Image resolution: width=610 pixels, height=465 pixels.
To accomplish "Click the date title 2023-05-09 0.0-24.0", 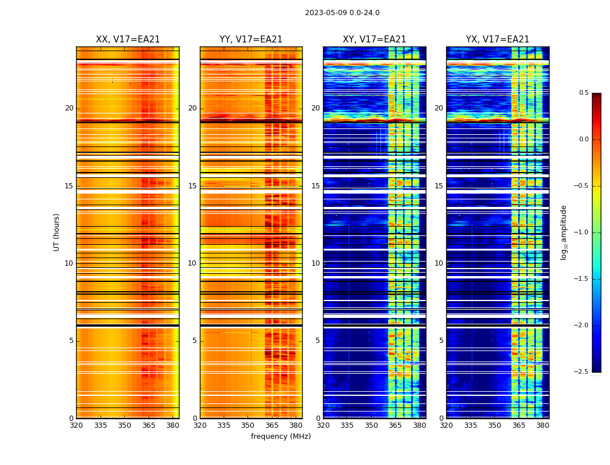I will click(342, 13).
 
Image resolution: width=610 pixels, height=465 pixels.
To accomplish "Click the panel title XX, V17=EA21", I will click(128, 40).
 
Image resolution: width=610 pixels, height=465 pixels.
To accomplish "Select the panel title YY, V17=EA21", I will click(251, 40).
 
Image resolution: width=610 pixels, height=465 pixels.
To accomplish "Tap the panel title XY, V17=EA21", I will click(375, 40).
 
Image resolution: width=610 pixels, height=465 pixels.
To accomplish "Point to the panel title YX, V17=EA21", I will click(498, 40).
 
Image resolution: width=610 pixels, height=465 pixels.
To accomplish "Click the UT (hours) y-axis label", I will click(56, 232).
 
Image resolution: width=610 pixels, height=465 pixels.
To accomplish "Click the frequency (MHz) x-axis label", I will click(281, 437).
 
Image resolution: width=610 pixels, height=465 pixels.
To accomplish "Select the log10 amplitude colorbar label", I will click(564, 232).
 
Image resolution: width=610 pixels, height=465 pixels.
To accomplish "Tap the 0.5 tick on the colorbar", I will click(583, 93).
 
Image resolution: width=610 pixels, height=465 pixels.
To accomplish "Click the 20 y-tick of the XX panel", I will click(69, 108).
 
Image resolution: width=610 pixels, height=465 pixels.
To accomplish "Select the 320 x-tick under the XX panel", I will click(76, 425).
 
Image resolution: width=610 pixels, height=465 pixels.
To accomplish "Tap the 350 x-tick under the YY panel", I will click(248, 425).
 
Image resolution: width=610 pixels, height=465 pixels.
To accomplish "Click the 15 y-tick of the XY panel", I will click(315, 186).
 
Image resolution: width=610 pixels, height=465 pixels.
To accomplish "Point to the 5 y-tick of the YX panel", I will click(441, 341).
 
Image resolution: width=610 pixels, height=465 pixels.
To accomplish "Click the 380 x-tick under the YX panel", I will click(543, 425).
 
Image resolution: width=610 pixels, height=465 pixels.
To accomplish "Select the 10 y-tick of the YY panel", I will click(192, 263).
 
